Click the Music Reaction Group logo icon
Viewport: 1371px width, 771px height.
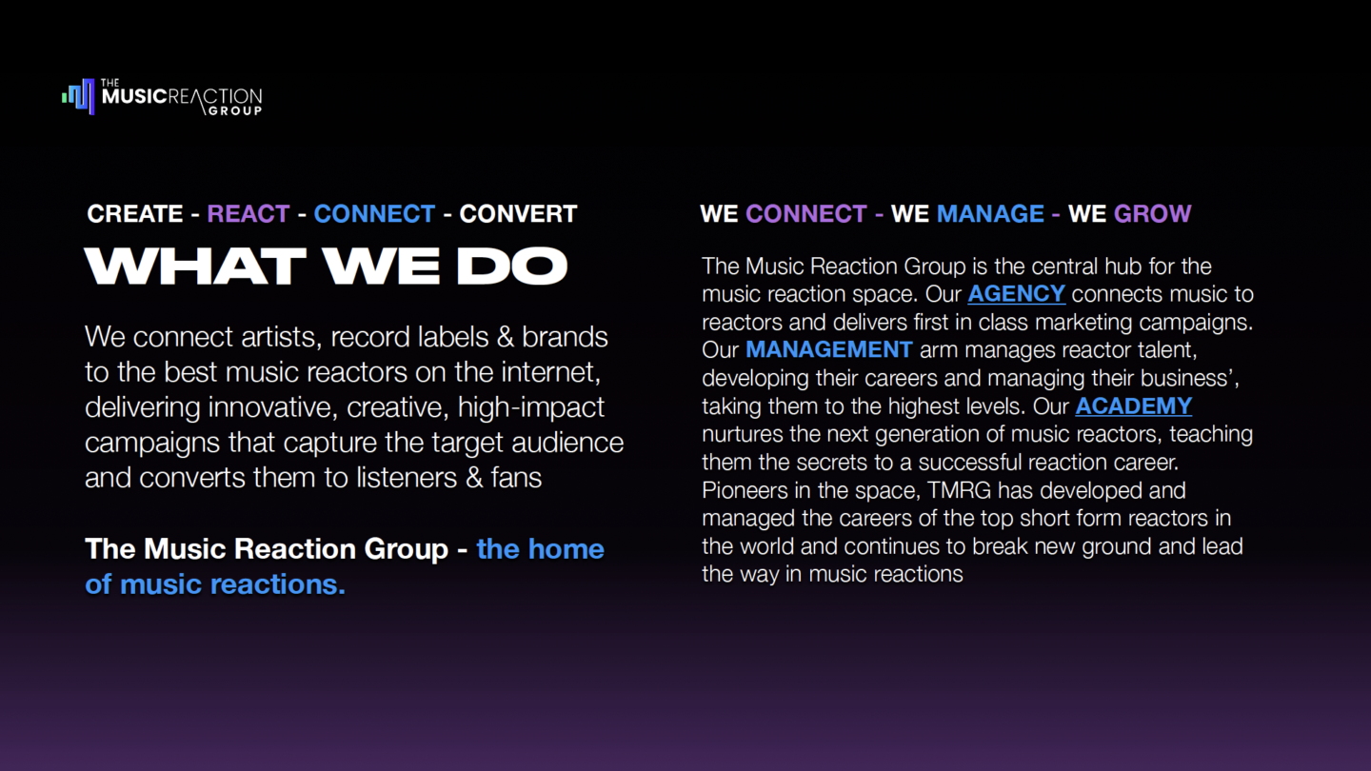79,96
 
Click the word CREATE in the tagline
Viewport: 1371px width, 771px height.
135,213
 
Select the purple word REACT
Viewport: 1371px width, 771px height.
248,213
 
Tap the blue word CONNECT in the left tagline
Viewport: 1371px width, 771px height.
374,213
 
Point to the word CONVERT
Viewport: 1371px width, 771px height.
518,213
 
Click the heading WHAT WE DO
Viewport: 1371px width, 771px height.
326,267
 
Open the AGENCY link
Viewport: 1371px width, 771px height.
1016,294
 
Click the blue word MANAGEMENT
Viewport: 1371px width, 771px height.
828,349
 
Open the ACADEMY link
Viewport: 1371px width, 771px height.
1133,406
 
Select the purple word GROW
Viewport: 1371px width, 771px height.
1152,213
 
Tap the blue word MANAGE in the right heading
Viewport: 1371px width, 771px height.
990,213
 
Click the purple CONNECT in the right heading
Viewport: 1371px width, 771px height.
805,213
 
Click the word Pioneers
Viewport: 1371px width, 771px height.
744,491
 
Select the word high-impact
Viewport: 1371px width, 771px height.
530,407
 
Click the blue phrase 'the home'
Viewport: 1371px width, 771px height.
540,549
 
